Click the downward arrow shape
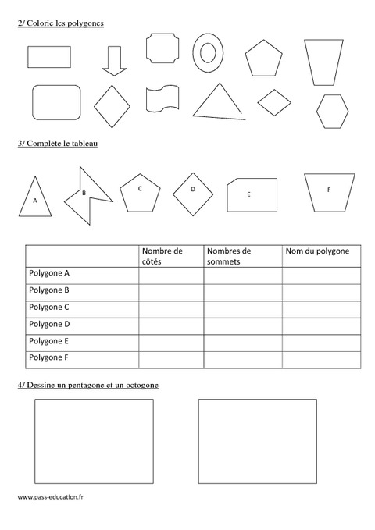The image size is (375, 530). pos(114,60)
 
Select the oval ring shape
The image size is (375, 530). pos(208,52)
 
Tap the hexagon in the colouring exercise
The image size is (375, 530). pos(332,110)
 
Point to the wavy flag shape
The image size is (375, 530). pos(163,99)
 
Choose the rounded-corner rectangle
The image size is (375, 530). pos(56,102)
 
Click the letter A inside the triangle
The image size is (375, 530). pos(34,201)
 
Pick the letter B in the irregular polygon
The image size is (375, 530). pos(84,192)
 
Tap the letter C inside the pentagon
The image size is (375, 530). pos(140,188)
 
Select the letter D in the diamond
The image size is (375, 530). pos(193,189)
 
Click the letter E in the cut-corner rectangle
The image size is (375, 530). pos(248,194)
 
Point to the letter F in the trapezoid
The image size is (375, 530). pos(328,190)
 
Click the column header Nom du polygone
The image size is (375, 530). pos(317,251)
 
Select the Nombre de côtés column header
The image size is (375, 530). pos(162,256)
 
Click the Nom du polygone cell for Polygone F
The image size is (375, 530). pos(321,358)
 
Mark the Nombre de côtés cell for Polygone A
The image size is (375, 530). pos(171,274)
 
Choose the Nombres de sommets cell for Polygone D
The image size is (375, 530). pos(242,324)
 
